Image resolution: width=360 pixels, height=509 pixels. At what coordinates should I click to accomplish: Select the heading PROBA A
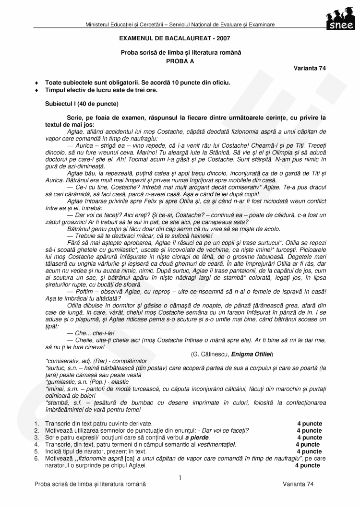click(x=181, y=60)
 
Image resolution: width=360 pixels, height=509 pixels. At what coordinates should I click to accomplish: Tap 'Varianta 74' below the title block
click(x=310, y=68)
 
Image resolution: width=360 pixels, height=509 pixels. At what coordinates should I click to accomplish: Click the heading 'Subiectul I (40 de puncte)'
click(x=82, y=103)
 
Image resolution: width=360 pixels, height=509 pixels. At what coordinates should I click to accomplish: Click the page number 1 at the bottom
click(x=180, y=478)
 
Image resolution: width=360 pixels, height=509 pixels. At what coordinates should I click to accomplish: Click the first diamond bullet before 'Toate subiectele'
click(x=36, y=83)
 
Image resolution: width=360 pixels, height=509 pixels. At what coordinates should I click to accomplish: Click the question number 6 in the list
click(x=36, y=459)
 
